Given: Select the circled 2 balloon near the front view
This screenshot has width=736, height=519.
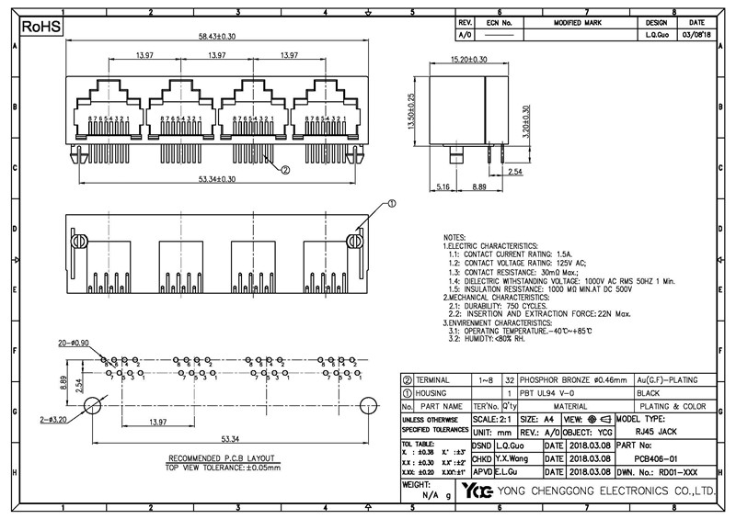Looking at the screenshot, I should [x=284, y=169].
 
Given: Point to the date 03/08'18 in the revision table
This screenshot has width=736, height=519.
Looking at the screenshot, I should [x=696, y=35].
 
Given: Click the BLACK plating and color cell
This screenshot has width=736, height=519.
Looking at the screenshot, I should [x=649, y=392].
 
